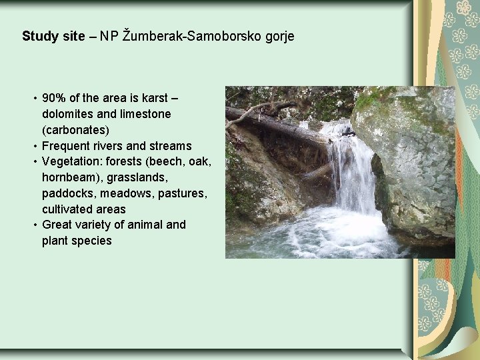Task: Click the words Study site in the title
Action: tap(53, 36)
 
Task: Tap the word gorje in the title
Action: tap(279, 36)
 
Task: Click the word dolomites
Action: tap(69, 114)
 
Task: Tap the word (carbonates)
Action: tap(76, 129)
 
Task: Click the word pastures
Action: tap(183, 193)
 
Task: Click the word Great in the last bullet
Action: tap(58, 225)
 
